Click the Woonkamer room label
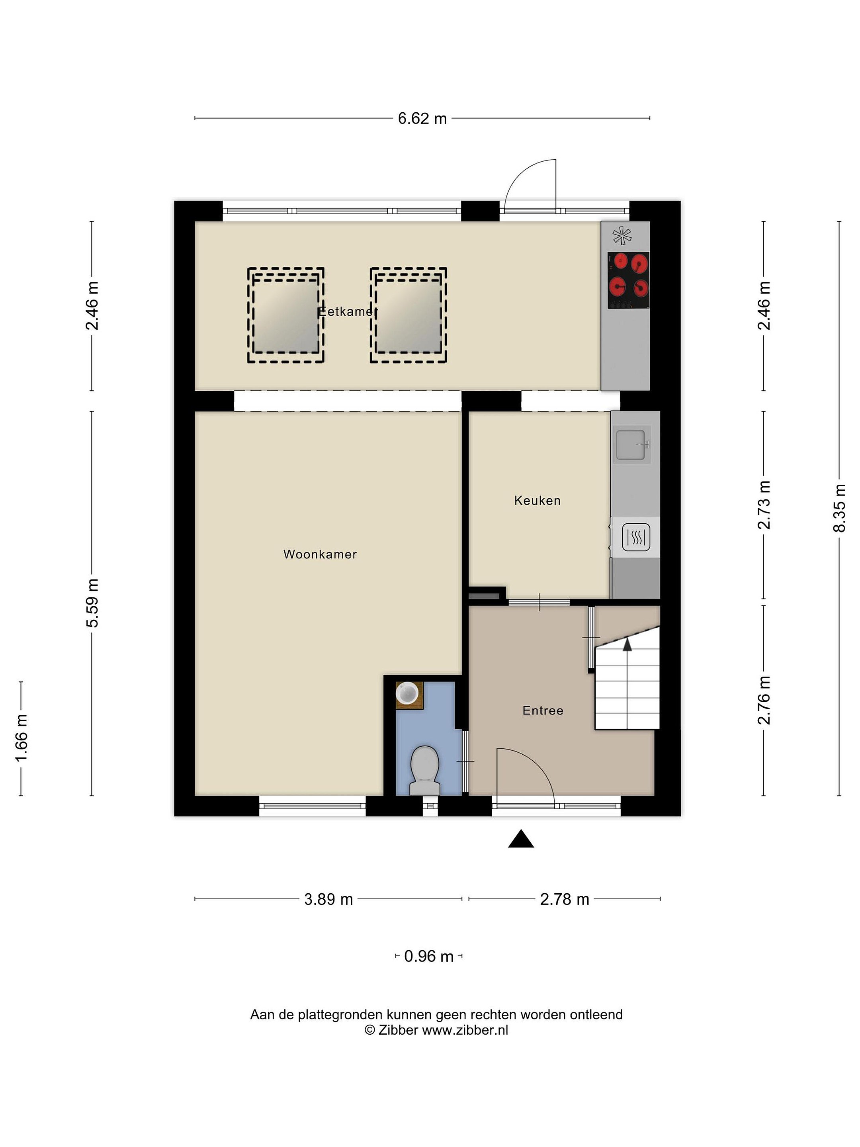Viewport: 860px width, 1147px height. click(x=320, y=554)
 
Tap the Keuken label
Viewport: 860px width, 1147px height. click(x=537, y=500)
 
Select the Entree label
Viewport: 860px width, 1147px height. click(x=543, y=711)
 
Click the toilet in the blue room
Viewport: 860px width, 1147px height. click(x=424, y=771)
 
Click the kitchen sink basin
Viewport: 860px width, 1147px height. click(x=630, y=445)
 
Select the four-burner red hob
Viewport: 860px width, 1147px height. click(x=628, y=280)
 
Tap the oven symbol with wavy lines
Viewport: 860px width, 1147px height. click(x=635, y=537)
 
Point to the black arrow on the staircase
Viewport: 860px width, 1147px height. click(x=627, y=644)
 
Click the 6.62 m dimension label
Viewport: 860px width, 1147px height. click(x=422, y=119)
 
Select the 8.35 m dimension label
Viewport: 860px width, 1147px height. click(x=840, y=508)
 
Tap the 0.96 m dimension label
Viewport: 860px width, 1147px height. click(x=429, y=956)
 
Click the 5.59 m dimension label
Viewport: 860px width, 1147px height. click(x=92, y=603)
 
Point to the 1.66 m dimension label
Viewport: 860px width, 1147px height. click(x=21, y=738)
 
